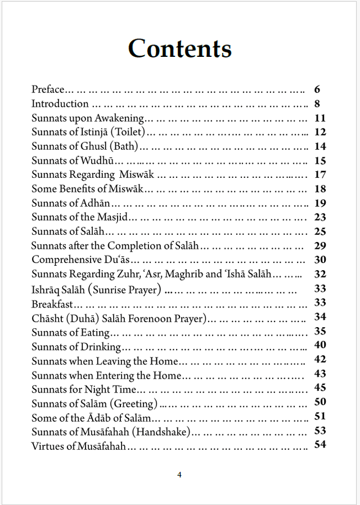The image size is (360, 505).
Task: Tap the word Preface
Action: coord(48,90)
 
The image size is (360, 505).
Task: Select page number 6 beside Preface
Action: coord(317,90)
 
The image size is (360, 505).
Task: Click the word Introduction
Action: coord(60,104)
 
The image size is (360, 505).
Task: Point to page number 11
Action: coord(320,118)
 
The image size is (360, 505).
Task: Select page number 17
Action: coord(320,175)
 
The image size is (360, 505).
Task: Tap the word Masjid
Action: coord(113,217)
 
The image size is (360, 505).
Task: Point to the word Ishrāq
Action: coord(47,289)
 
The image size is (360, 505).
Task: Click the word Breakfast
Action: coord(52,304)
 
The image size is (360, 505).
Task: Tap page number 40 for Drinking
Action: coord(320,345)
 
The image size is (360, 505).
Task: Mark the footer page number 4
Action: coord(179,475)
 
